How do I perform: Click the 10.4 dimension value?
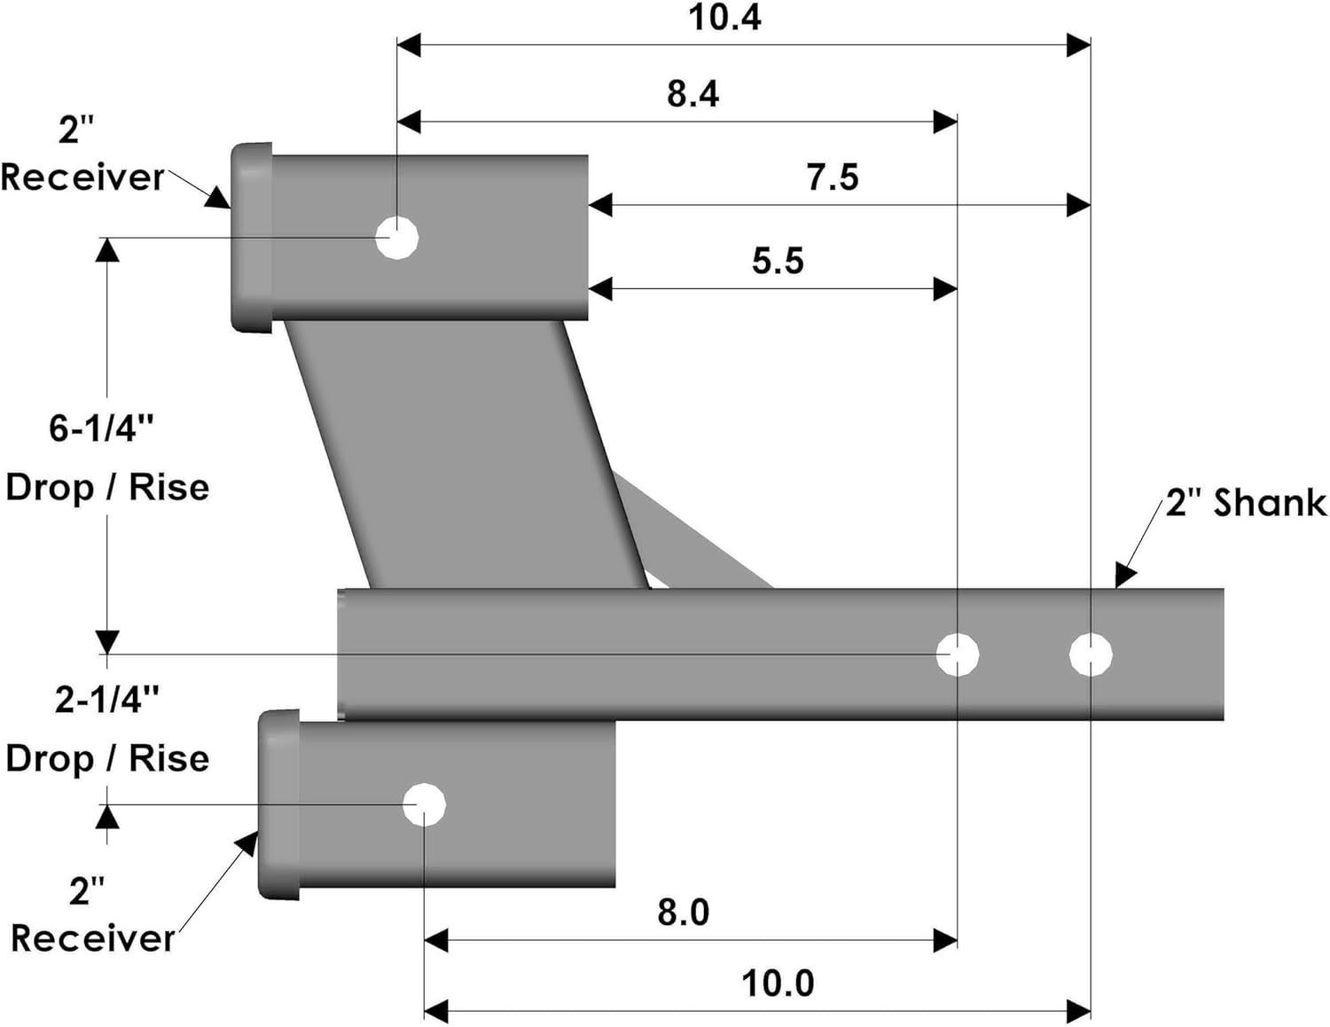point(724,18)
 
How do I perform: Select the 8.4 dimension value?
point(692,94)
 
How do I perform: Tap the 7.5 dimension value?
point(832,177)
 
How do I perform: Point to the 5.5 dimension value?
point(778,261)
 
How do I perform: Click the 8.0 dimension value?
point(683,912)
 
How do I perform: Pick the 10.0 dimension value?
point(777,983)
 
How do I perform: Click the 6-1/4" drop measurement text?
point(101,428)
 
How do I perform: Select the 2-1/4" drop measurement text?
point(106,700)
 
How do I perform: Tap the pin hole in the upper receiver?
point(396,238)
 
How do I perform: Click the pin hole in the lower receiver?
point(424,804)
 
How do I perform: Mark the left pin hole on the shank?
point(958,655)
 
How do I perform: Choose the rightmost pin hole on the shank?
point(1091,655)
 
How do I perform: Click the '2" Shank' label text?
point(1245,503)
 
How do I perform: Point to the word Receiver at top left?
point(82,177)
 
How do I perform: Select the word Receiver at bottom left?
point(93,938)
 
